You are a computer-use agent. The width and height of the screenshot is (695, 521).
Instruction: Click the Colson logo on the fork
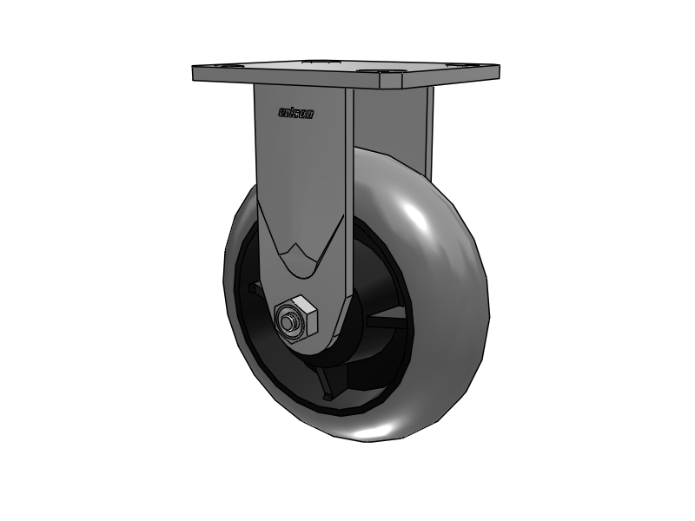tap(296, 112)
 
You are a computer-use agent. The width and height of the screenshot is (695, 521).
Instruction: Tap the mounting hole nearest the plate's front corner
tap(392, 76)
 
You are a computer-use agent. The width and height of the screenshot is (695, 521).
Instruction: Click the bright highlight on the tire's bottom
tap(391, 427)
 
